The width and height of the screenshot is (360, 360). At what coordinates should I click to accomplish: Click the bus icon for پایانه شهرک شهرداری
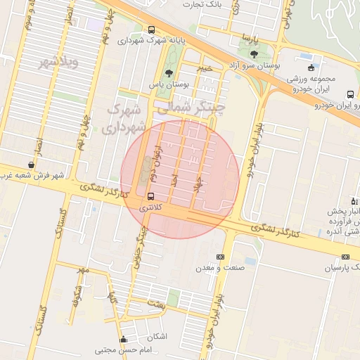(152, 30)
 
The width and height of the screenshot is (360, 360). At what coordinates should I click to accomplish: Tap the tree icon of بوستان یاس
(168, 72)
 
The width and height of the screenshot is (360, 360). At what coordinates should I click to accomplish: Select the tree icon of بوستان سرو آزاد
(253, 53)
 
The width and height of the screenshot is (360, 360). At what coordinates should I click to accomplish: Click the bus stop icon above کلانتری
(151, 196)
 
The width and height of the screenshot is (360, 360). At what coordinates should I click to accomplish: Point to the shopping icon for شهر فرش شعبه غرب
(31, 165)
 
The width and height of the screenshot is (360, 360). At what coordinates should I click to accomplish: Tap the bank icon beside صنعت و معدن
(220, 257)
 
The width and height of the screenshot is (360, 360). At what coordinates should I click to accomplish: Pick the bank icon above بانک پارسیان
(345, 257)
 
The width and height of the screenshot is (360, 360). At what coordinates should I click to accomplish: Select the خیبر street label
(204, 68)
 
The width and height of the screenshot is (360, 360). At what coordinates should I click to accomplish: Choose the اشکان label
(157, 336)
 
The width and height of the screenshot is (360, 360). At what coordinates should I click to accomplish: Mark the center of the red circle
(180, 179)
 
